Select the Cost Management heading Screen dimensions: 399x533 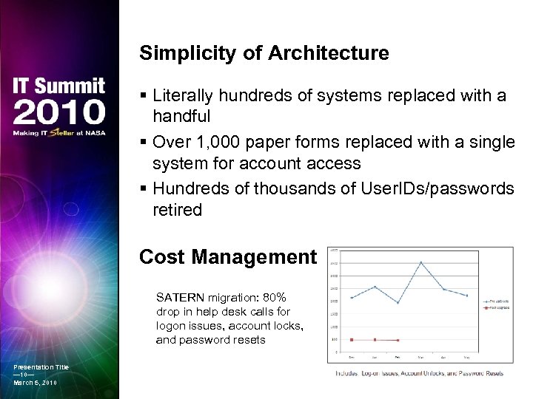point(227,256)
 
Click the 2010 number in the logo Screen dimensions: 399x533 point(59,113)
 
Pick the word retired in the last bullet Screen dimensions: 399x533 point(177,210)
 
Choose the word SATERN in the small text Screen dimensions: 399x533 point(181,297)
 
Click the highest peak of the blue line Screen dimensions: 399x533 point(420,262)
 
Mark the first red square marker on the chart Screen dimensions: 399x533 point(352,340)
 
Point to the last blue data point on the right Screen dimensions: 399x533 point(466,296)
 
